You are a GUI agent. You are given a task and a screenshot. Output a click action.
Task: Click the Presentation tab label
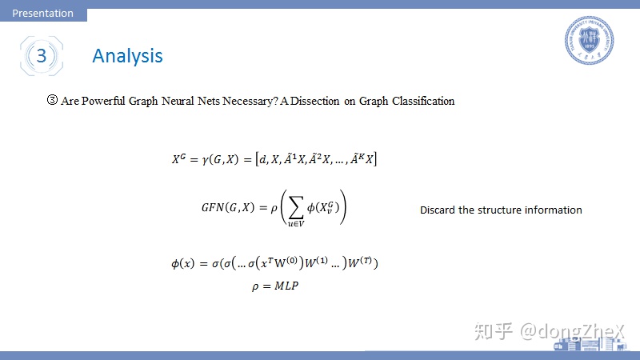pyautogui.click(x=43, y=13)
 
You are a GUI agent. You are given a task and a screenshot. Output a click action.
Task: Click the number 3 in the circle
pyautogui.click(x=42, y=55)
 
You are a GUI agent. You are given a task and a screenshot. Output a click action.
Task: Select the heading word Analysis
pyautogui.click(x=127, y=56)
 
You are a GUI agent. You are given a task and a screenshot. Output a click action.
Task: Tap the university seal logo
pyautogui.click(x=589, y=40)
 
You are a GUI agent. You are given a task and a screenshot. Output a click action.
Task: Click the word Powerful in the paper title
pyautogui.click(x=103, y=101)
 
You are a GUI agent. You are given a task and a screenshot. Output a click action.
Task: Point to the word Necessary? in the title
pyautogui.click(x=250, y=102)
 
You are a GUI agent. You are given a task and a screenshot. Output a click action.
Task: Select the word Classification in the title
pyautogui.click(x=423, y=101)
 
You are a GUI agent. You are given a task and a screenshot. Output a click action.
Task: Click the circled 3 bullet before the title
pyautogui.click(x=52, y=100)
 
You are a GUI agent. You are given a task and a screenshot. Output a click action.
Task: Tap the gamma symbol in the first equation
pyautogui.click(x=205, y=159)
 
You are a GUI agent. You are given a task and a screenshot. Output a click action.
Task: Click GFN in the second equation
pyautogui.click(x=214, y=207)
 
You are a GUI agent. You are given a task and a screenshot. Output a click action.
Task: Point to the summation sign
pyautogui.click(x=296, y=207)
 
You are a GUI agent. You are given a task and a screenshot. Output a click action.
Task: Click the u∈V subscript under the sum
pyautogui.click(x=296, y=224)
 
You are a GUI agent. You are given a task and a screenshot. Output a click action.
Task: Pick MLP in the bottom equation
pyautogui.click(x=286, y=286)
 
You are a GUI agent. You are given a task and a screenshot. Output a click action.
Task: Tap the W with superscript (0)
pyautogui.click(x=286, y=262)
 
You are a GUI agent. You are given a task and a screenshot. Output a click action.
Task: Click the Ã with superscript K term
pyautogui.click(x=357, y=158)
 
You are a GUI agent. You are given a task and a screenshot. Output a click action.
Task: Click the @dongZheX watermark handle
pyautogui.click(x=572, y=331)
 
